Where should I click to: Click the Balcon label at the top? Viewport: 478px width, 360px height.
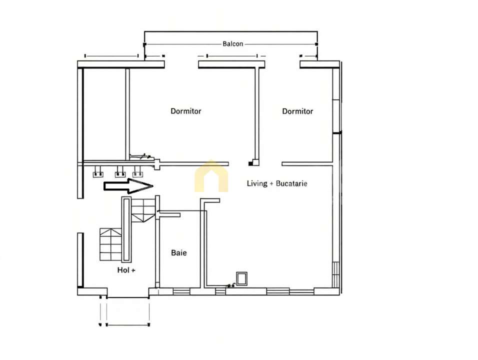tap(232, 44)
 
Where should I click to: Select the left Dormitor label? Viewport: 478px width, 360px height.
tap(186, 111)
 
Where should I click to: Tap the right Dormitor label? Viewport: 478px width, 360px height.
tap(297, 111)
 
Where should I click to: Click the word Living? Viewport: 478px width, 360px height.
tap(257, 183)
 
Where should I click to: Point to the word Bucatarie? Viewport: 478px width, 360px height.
tap(291, 183)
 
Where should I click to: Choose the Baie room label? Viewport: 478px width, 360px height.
tap(178, 253)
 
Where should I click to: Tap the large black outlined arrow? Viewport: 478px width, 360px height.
tap(128, 186)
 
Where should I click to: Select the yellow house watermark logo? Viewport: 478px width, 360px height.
tap(211, 177)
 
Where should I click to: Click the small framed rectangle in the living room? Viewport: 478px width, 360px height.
tap(242, 278)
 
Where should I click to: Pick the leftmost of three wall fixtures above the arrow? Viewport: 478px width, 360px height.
tap(98, 173)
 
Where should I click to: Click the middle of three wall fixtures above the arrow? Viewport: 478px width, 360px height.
tap(119, 173)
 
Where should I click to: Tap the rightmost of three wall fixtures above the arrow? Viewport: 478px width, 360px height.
tap(138, 173)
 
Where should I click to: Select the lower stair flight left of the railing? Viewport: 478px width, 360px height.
tap(110, 244)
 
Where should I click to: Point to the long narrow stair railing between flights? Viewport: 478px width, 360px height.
tap(126, 229)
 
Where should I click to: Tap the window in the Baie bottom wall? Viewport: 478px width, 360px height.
tap(180, 291)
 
